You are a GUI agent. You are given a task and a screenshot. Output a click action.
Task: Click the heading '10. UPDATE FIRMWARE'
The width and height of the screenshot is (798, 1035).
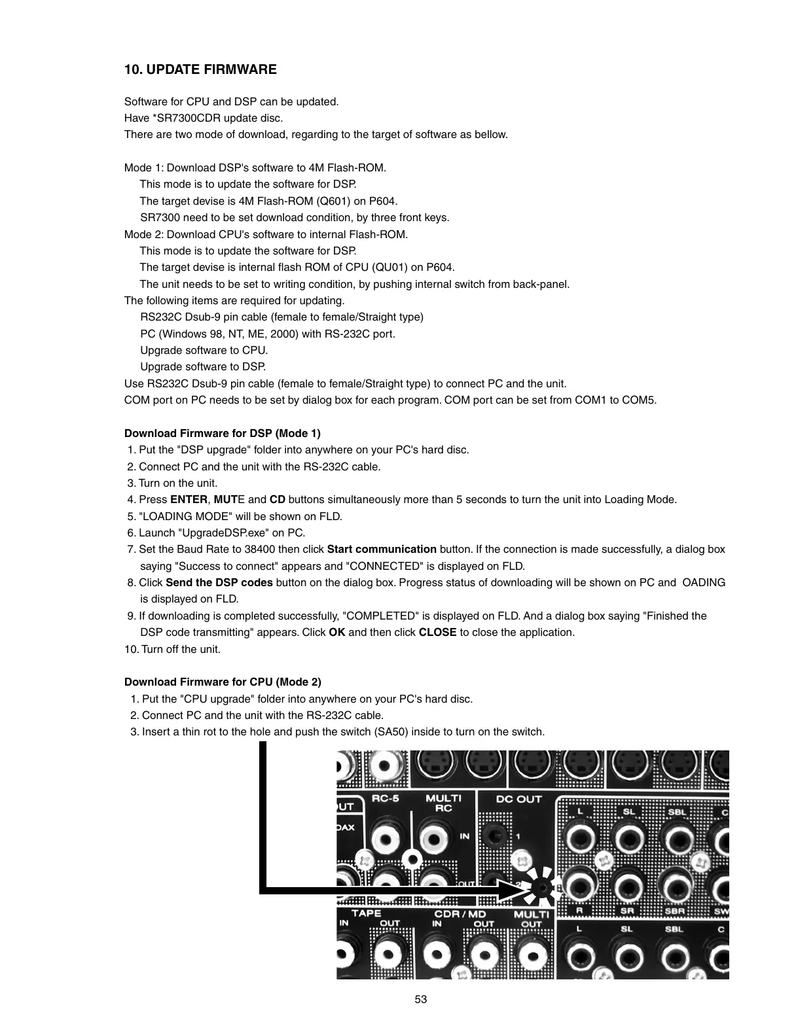tap(200, 69)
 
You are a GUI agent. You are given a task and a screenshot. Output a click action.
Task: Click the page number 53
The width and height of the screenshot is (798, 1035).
tap(421, 999)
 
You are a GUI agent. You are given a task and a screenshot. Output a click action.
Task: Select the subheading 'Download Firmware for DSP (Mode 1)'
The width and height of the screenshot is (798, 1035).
tap(223, 433)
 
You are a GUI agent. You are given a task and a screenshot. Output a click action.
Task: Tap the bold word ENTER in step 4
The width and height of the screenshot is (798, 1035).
tap(189, 500)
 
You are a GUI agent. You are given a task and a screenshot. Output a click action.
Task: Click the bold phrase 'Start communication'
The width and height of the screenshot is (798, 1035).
tap(382, 550)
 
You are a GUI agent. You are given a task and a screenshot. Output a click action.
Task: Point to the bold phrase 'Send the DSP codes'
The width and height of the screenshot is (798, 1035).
tap(219, 582)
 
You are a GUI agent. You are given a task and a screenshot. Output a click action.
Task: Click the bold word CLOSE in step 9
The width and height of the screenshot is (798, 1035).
tap(437, 633)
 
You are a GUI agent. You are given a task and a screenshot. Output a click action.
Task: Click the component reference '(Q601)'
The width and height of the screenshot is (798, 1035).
tap(333, 201)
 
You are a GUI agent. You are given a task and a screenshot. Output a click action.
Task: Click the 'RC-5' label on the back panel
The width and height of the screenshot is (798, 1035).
tap(385, 799)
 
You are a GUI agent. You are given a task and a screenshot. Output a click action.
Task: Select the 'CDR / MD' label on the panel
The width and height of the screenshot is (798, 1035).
tap(460, 914)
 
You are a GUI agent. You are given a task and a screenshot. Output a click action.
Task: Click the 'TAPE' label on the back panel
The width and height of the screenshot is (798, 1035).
tap(366, 913)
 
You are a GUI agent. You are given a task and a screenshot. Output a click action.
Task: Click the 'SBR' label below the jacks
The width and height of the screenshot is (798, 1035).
tap(674, 911)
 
